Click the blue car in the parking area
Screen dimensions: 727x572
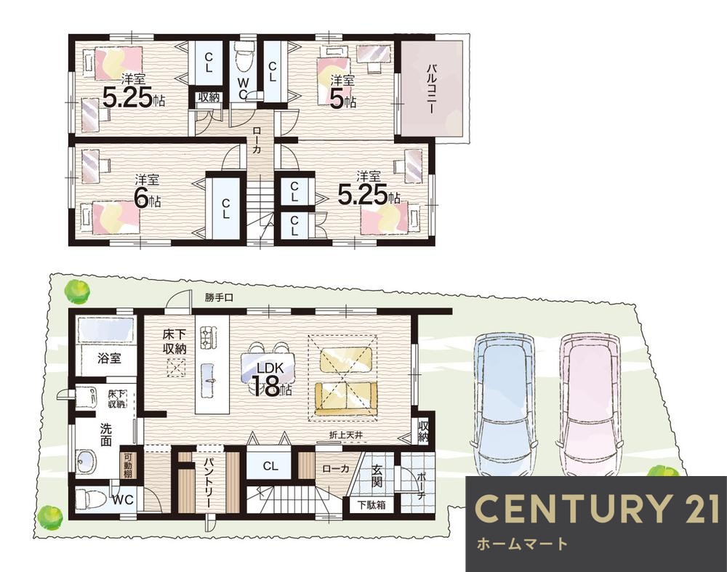coord(504,403)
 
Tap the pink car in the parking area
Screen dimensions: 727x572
coord(589,403)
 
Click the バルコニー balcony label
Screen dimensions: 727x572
coord(430,89)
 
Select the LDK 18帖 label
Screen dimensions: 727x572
coord(271,380)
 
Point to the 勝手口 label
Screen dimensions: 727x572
coord(220,299)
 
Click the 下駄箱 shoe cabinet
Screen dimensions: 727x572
coord(371,504)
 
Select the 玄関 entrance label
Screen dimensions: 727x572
coord(377,476)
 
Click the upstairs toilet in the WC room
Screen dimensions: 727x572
coord(244,57)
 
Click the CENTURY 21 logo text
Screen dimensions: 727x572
coord(597,509)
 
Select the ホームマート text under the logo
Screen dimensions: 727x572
coord(522,544)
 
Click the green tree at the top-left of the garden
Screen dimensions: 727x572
coord(77,292)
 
